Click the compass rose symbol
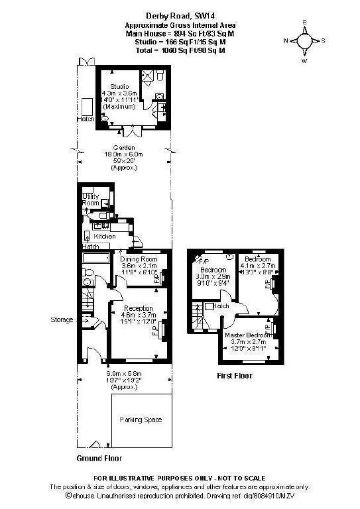click(304, 40)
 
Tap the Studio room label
click(119, 85)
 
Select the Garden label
click(124, 148)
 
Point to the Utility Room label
click(90, 199)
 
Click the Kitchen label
click(105, 236)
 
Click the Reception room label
click(139, 308)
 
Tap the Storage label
click(62, 320)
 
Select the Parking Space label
click(141, 420)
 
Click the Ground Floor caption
click(99, 458)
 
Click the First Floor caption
click(235, 376)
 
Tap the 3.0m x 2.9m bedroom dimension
click(214, 278)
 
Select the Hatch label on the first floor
click(221, 306)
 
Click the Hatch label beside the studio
click(86, 120)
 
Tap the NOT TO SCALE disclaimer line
click(179, 478)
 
